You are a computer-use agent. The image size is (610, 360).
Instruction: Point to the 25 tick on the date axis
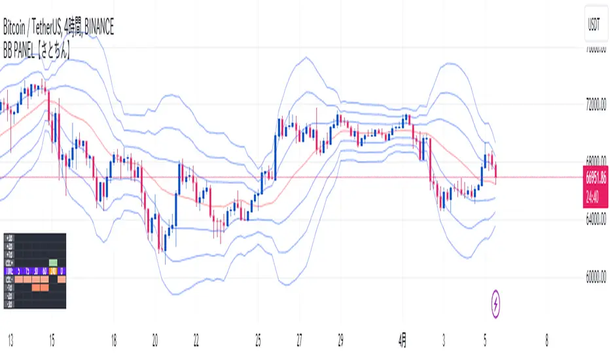point(258,340)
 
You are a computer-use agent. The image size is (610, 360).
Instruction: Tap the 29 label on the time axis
point(340,340)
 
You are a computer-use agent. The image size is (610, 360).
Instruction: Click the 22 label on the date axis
point(196,340)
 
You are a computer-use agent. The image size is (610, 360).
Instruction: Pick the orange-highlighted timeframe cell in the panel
point(52,270)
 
